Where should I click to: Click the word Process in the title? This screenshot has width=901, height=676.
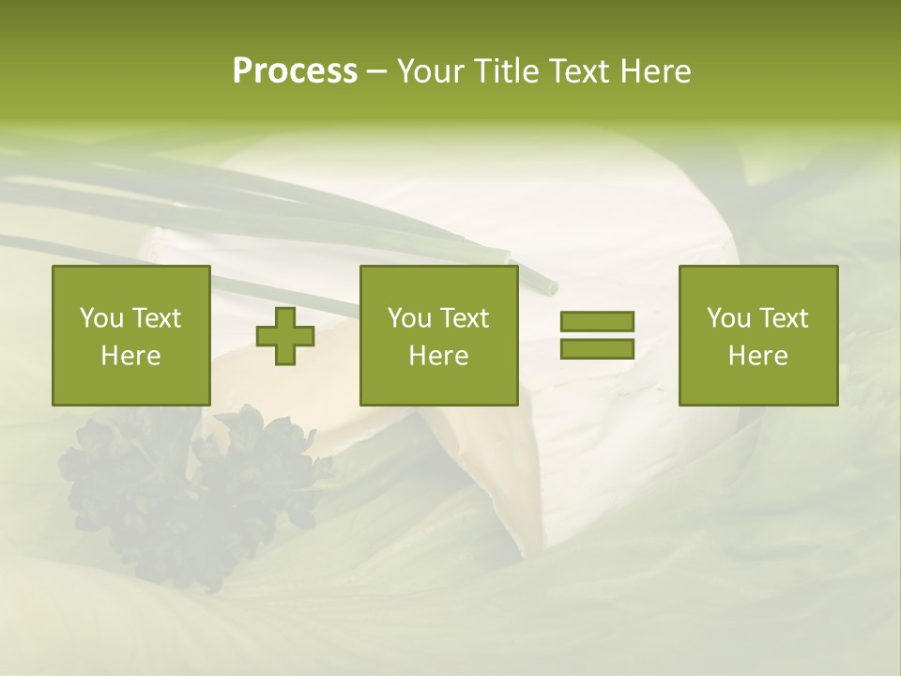point(295,71)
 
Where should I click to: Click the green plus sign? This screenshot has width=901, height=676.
point(285,335)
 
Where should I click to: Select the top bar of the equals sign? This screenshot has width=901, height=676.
point(597,322)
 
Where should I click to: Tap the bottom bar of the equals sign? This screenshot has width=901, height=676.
point(597,348)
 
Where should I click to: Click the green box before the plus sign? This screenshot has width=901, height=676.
point(130,335)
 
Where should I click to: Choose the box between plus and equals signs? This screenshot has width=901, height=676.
point(438,335)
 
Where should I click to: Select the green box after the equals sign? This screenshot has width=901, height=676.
point(757,335)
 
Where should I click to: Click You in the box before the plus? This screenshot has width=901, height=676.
point(101,318)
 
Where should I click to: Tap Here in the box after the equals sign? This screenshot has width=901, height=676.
point(757,356)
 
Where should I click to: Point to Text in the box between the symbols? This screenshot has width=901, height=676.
point(466,318)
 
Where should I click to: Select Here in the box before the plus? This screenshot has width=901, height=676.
point(130,356)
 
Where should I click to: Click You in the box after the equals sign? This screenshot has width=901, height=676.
point(728,318)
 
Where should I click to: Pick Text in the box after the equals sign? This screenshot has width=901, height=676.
point(785,318)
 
